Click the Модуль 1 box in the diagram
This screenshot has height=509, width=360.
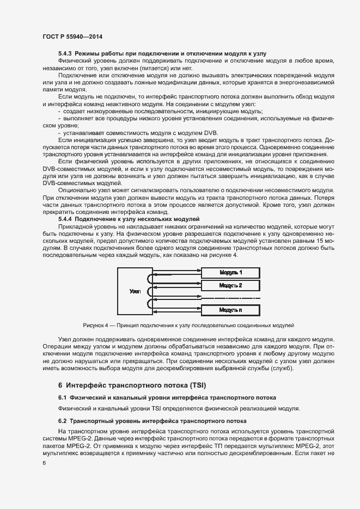(x=231, y=272)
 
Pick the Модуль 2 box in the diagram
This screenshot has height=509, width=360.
(x=231, y=285)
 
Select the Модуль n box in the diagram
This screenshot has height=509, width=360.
(x=231, y=310)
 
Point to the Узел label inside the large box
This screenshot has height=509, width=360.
(x=136, y=291)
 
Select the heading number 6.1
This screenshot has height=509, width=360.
(x=63, y=397)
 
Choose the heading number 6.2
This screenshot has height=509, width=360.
(x=63, y=421)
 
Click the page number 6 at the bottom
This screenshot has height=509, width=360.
(x=44, y=463)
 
